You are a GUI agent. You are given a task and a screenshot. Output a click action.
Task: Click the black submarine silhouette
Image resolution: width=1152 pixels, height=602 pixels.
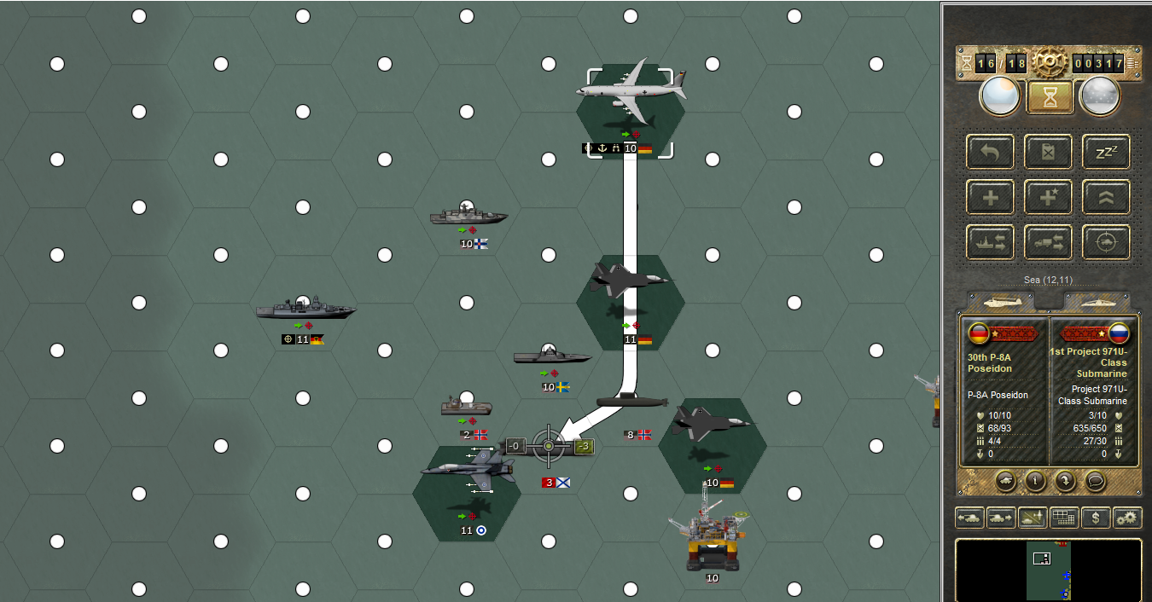630,401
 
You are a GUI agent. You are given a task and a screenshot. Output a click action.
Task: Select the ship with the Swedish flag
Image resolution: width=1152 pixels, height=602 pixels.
552,356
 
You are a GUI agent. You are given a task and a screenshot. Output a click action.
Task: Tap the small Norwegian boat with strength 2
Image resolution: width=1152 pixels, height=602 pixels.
466,407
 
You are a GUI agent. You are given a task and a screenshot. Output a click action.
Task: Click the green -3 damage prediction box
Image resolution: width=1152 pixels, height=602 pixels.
584,446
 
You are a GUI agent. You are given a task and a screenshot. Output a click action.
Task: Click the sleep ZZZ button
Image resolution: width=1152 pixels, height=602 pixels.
1106,152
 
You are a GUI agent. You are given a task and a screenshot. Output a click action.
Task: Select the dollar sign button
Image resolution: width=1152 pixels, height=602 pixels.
1096,518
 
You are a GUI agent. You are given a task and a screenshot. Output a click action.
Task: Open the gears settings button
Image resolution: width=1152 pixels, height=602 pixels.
1127,518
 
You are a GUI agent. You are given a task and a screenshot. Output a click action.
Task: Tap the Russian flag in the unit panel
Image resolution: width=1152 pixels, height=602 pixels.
1119,333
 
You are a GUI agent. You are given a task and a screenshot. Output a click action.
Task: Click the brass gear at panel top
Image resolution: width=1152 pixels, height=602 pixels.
1050,62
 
